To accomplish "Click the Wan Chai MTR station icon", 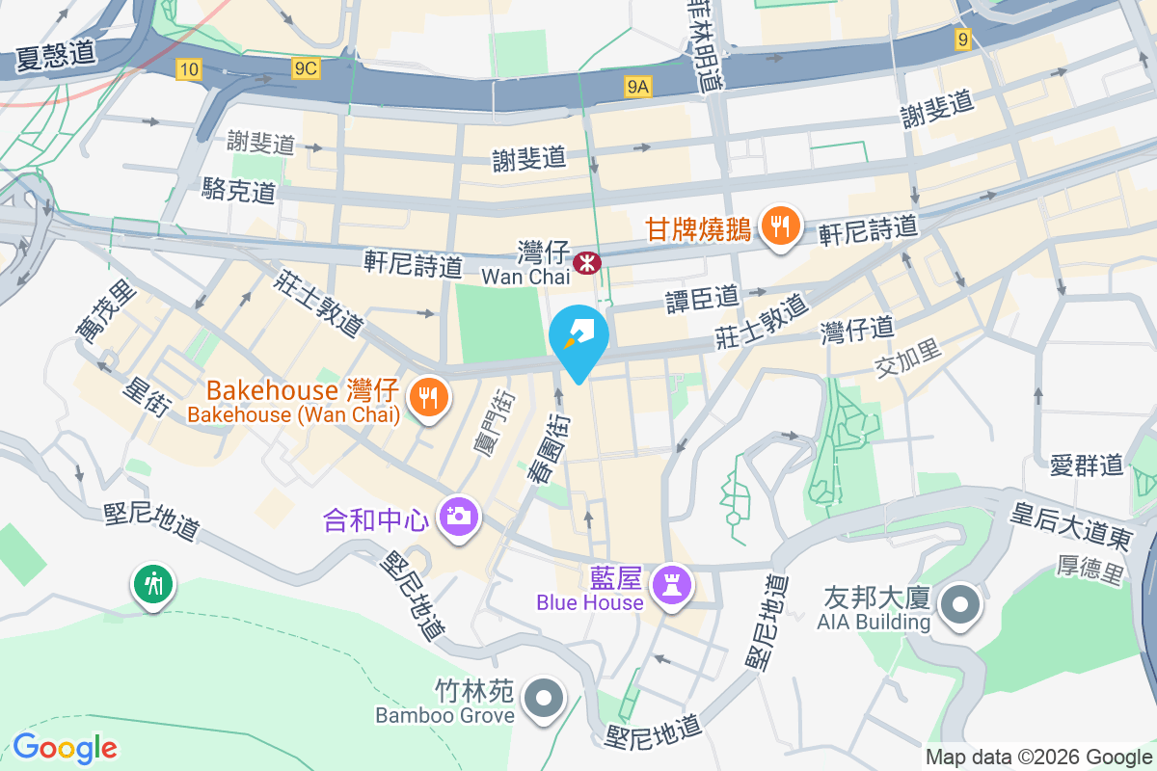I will pyautogui.click(x=585, y=261).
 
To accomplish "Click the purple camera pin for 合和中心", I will pyautogui.click(x=458, y=517).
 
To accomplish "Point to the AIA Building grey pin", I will pyautogui.click(x=959, y=605).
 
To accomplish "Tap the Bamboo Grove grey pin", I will pyautogui.click(x=544, y=697).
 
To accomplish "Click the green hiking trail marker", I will pyautogui.click(x=153, y=583).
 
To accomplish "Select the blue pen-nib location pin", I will pyautogui.click(x=578, y=337).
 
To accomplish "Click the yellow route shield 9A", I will pyautogui.click(x=638, y=88).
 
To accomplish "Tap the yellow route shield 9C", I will pyautogui.click(x=306, y=67).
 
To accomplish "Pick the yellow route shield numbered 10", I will pyautogui.click(x=189, y=67).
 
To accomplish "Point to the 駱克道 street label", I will pyautogui.click(x=239, y=190).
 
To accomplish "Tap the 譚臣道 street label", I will pyautogui.click(x=702, y=299).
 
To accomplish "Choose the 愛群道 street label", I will pyautogui.click(x=1088, y=466).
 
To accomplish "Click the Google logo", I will pyautogui.click(x=65, y=748).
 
